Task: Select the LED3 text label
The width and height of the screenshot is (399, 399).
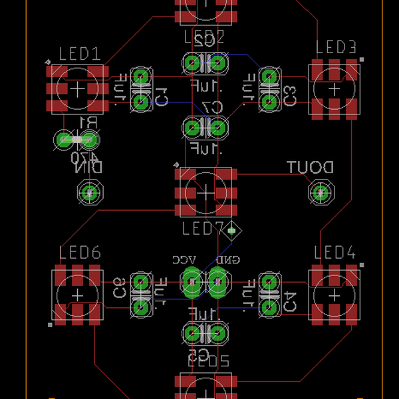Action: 336,47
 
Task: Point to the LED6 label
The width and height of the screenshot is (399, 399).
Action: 79,253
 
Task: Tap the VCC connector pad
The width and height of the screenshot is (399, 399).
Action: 192,283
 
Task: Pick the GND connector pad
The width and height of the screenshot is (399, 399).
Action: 217,283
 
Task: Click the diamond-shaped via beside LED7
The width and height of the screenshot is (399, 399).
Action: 232,231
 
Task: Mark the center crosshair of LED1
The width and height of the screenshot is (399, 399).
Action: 77,88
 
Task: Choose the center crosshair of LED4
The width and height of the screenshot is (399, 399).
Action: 334,295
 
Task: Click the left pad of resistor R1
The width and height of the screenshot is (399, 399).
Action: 64,140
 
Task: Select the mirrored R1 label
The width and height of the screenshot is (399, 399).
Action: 87,122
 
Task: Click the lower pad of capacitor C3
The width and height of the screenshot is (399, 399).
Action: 269,101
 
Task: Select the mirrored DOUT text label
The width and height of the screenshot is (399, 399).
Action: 310,168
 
